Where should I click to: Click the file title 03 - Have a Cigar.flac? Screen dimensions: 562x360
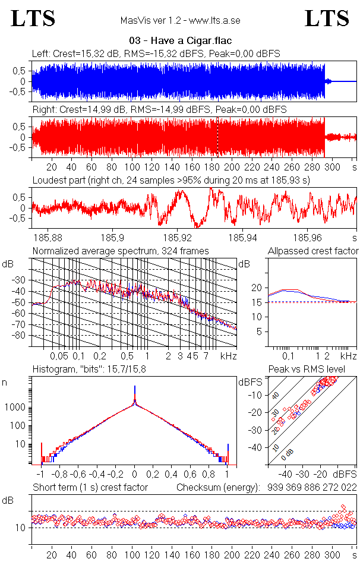pos(179,41)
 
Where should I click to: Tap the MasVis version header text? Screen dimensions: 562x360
pos(180,21)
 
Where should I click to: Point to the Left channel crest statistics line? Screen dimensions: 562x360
pos(156,54)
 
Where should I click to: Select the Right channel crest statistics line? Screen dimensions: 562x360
pos(159,110)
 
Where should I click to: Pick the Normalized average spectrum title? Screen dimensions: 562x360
pos(121,251)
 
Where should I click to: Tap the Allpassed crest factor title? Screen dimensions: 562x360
pos(313,251)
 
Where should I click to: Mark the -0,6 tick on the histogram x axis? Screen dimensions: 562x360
pos(77,475)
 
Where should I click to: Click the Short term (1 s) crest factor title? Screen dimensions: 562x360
pos(90,487)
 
